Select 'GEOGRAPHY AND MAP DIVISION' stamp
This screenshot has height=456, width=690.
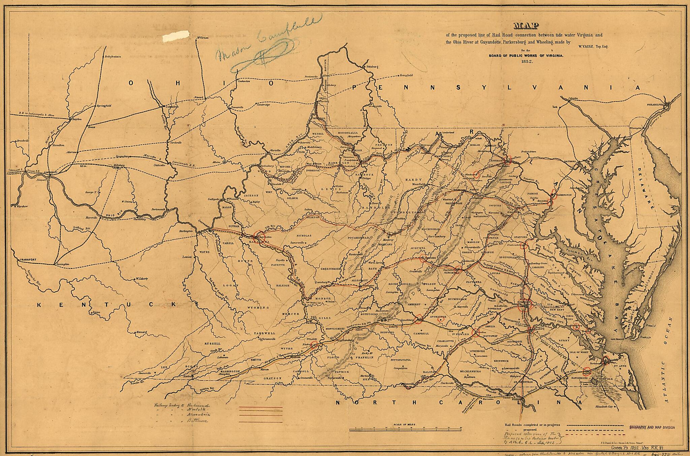click(652, 427)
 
